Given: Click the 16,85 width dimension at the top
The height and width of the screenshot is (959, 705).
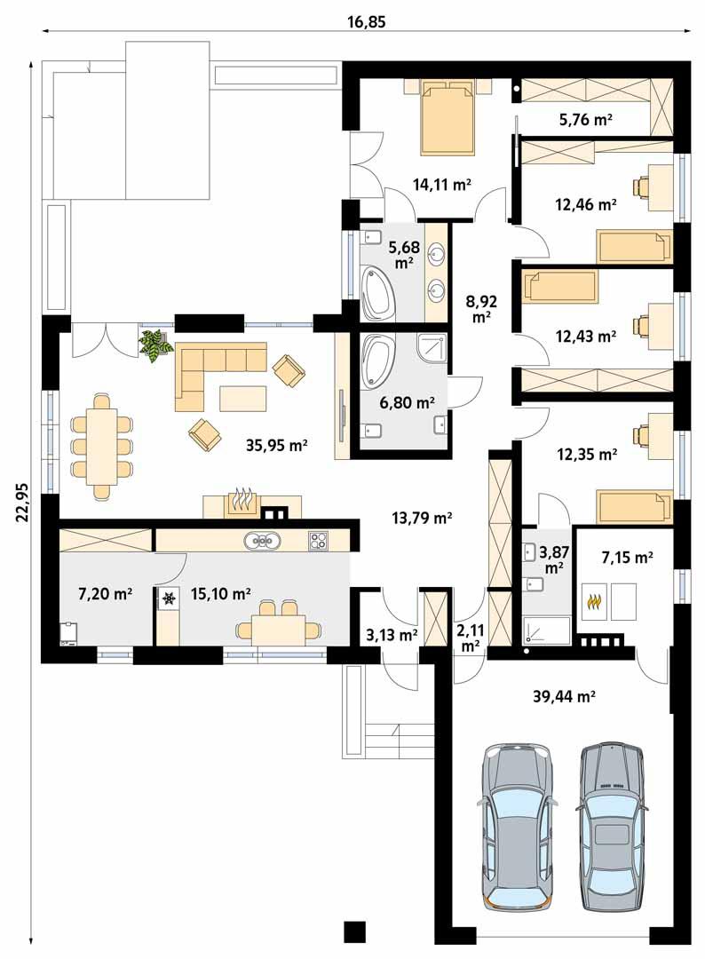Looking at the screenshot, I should click(364, 20).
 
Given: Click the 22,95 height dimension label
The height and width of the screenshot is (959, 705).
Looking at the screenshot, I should click(22, 505).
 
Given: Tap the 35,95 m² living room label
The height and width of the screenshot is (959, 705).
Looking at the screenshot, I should click(276, 445).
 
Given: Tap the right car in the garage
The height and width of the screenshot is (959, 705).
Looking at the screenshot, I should click(612, 825).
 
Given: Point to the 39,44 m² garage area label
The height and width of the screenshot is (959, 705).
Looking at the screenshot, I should click(563, 697).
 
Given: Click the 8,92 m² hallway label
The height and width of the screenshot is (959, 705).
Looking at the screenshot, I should click(481, 307).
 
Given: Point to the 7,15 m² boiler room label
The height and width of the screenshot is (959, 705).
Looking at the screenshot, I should click(627, 557).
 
